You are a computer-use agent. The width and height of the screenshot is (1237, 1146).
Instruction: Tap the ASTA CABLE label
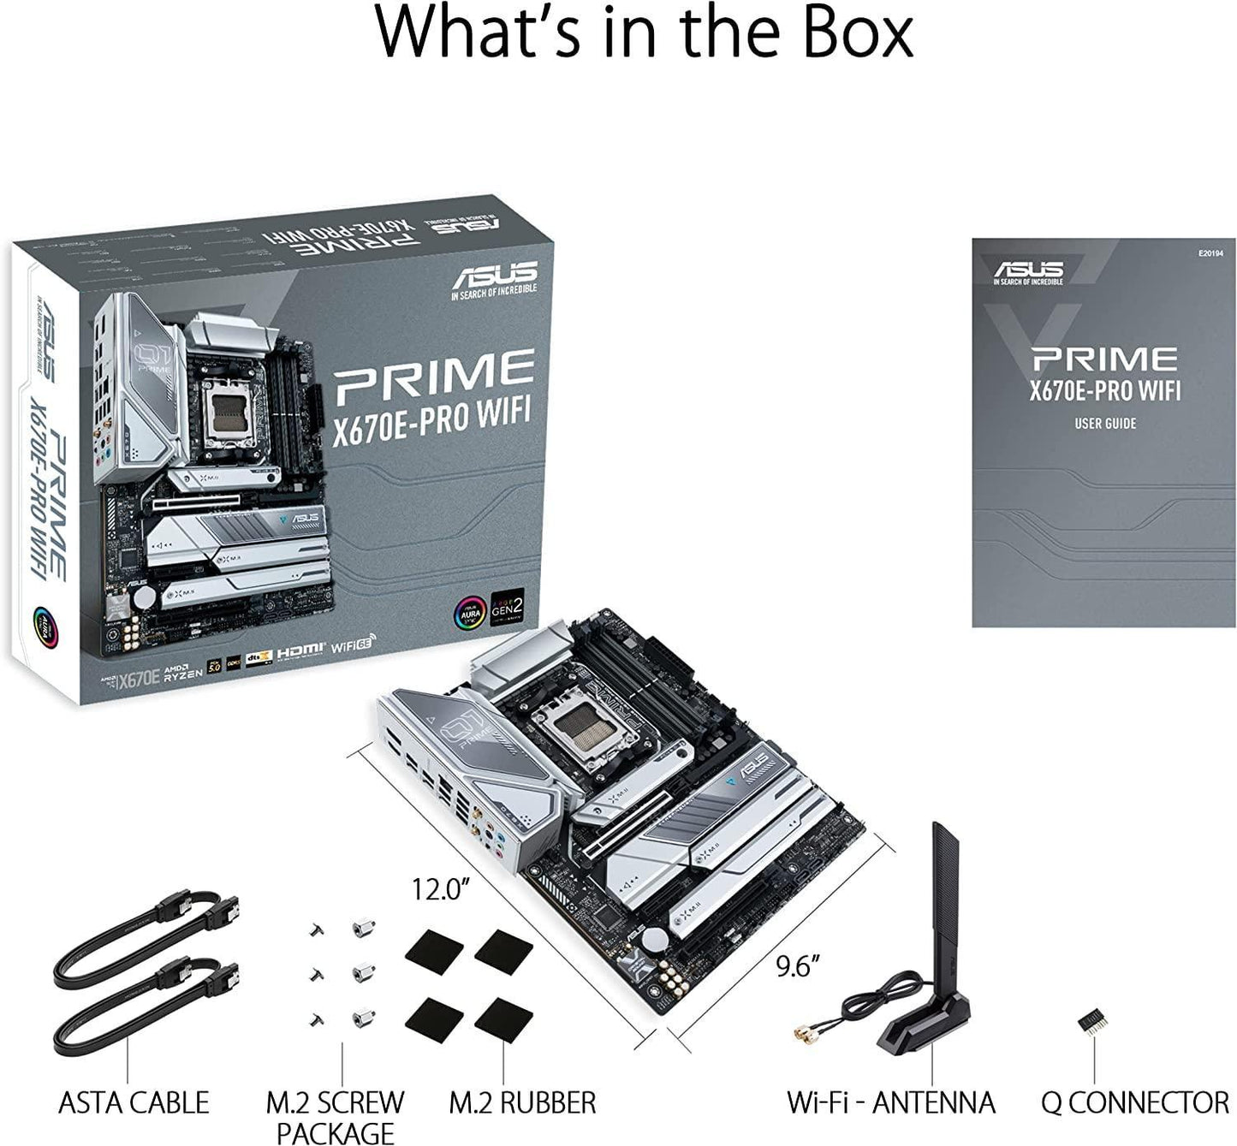point(133,1102)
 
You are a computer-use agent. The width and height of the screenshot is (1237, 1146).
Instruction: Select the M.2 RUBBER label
point(522,1102)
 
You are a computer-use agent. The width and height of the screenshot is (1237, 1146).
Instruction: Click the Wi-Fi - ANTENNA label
point(890,1102)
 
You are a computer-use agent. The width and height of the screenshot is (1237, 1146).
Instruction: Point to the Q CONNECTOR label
point(1135,1102)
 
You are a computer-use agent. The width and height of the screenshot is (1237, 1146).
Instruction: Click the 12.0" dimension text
point(439,890)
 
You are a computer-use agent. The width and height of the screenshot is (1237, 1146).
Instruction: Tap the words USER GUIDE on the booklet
point(1105,423)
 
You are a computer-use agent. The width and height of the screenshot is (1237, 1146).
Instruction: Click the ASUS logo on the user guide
point(1028,271)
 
